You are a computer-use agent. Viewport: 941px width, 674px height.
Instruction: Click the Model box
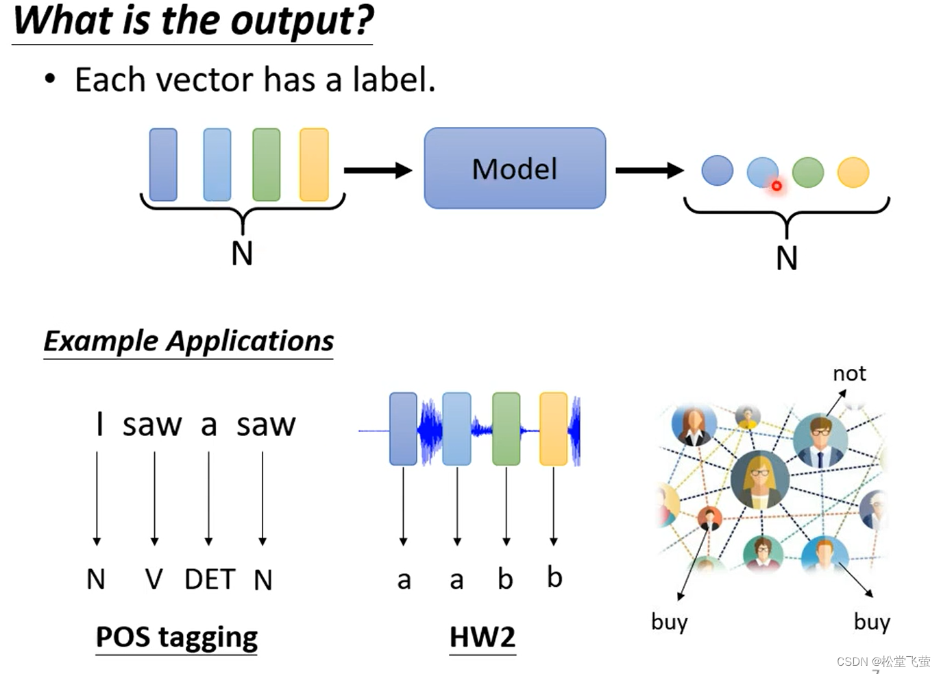(x=515, y=168)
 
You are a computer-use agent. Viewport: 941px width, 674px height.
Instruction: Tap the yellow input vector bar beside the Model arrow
(x=314, y=165)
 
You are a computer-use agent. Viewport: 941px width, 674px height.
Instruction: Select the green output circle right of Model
(x=808, y=172)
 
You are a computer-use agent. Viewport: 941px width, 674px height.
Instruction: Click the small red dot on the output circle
(x=777, y=186)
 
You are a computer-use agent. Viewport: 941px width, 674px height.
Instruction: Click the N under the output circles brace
(x=787, y=258)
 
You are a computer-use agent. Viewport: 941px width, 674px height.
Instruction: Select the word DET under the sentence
(x=210, y=579)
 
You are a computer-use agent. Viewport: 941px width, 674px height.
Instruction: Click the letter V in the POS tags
(x=154, y=579)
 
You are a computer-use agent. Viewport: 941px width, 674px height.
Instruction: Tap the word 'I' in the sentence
(x=99, y=424)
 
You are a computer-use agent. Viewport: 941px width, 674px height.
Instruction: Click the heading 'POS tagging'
(x=177, y=637)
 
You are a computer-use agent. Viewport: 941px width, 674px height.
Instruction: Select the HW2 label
(x=482, y=637)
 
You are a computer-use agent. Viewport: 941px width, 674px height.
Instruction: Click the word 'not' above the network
(x=849, y=374)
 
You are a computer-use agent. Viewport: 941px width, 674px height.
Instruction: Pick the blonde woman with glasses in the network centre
(x=760, y=479)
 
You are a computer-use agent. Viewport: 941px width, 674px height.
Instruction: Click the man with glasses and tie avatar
(x=820, y=440)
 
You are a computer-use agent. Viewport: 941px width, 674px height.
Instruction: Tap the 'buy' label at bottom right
(x=872, y=622)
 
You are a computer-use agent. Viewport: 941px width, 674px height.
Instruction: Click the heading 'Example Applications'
(x=188, y=341)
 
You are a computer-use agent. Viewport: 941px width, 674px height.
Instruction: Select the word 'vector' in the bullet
(x=206, y=80)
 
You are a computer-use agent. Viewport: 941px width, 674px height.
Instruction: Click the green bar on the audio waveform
(x=506, y=429)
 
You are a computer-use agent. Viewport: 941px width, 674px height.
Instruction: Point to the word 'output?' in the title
(x=302, y=22)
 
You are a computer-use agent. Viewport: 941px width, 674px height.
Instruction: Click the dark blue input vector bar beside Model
(x=163, y=165)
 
